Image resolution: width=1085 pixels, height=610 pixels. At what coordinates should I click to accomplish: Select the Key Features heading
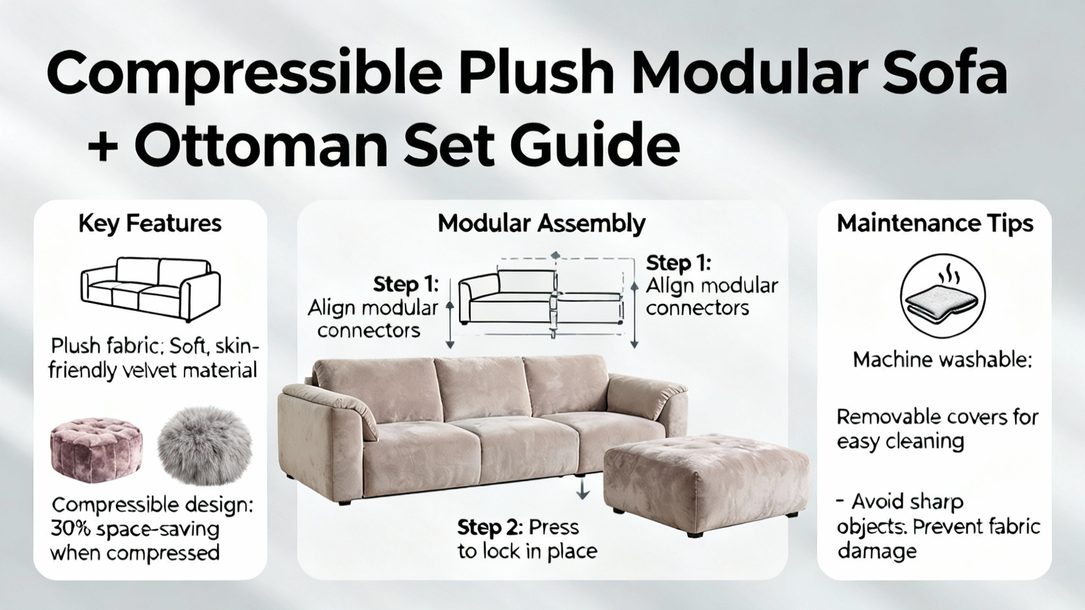pos(150,224)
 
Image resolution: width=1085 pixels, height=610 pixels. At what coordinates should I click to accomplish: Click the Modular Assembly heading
pos(542,224)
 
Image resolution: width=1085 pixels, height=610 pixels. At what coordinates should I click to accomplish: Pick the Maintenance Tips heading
pos(935,224)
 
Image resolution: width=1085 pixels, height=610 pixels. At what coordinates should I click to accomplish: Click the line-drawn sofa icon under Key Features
pos(150,289)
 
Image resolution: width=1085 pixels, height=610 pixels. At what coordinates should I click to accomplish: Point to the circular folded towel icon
pos(942,296)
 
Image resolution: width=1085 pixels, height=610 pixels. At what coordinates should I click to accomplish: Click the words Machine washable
pos(942,360)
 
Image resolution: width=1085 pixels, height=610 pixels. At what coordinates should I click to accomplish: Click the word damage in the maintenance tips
pos(877,552)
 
